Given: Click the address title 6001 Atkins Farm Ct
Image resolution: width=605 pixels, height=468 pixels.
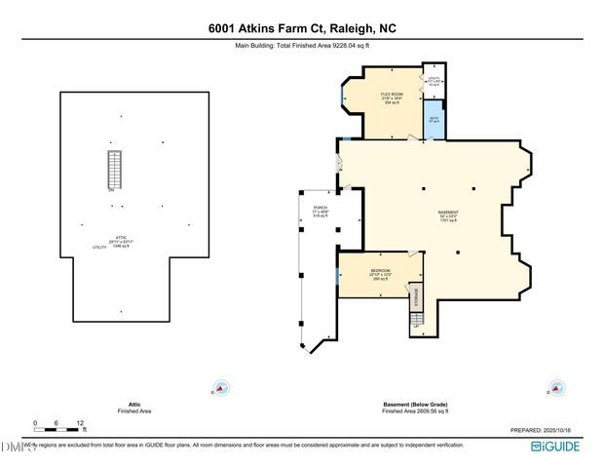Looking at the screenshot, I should click(302, 29).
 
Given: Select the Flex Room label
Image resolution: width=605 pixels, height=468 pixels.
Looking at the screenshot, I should click(391, 96).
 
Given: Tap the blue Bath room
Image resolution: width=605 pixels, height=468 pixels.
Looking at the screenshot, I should click(435, 117).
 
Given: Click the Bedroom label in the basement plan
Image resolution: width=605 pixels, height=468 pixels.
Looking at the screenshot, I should click(380, 274).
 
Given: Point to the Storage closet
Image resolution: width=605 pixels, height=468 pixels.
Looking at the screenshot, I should click(416, 296).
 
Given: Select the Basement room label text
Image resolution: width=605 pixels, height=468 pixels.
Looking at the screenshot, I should click(448, 215).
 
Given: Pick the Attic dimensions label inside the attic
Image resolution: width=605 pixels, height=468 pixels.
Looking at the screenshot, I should click(120, 243).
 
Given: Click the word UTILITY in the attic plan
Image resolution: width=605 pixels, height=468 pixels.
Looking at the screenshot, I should click(99, 248).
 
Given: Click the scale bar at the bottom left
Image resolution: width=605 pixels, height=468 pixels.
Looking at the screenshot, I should click(58, 424).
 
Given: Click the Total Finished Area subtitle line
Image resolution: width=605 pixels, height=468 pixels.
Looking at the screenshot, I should click(302, 45).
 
